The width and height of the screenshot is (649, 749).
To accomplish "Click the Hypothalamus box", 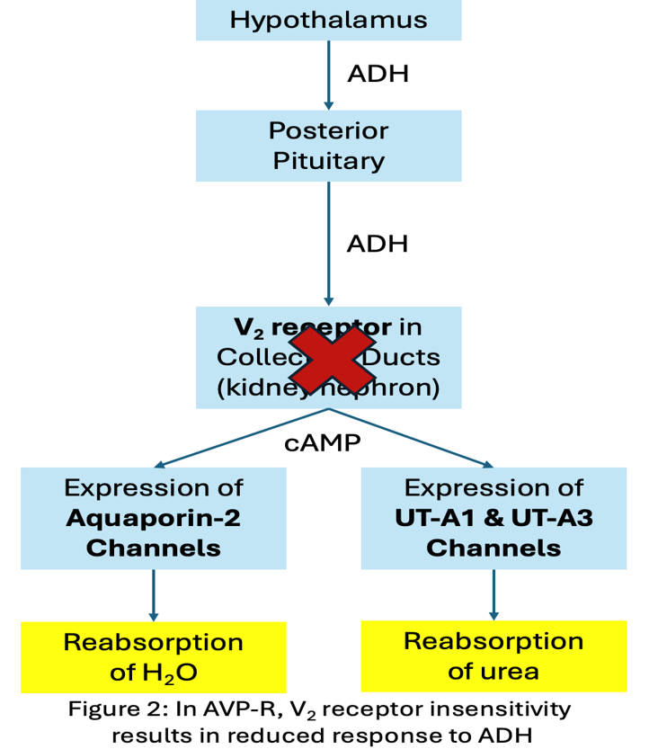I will tap(328, 20).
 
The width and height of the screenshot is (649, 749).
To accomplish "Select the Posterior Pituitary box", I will tap(328, 146).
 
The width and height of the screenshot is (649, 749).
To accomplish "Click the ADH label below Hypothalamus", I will tap(378, 74).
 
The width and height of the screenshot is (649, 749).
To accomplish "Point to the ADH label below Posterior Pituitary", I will tap(378, 244).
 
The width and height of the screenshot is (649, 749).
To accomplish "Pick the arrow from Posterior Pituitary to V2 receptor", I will tap(329, 243).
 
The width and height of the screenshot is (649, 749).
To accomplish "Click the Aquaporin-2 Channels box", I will tap(153, 518).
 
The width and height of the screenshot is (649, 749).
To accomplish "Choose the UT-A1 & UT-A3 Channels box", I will tap(493, 518).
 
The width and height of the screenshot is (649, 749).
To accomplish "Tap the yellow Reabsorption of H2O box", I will tap(153, 656).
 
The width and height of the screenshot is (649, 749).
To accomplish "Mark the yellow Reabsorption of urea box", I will tap(493, 655).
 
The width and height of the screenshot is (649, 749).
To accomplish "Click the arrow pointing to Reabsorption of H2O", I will tap(154, 595).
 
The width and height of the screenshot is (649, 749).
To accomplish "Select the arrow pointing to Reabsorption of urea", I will tap(493, 594).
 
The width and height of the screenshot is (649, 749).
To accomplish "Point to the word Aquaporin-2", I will tap(153, 519).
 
